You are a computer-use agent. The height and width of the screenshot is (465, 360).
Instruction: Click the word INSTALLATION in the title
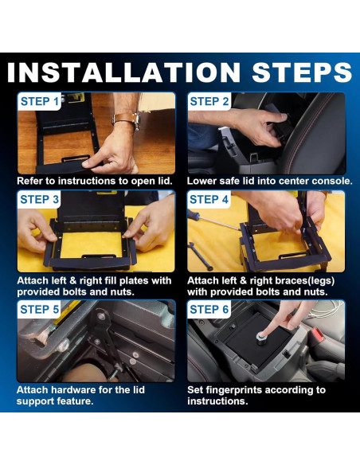123,72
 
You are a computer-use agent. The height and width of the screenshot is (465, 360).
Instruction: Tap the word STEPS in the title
302,72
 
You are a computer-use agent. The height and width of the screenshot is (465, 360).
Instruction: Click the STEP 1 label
40,101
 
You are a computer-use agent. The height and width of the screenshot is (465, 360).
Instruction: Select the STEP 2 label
209,101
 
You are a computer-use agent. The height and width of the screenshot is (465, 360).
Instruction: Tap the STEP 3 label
40,200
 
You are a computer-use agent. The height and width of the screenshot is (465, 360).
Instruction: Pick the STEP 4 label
209,200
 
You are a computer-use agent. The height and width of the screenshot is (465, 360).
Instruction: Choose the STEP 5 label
40,310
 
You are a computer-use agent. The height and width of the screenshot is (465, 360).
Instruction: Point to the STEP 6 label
209,310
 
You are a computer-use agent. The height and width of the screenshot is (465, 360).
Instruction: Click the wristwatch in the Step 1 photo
127,120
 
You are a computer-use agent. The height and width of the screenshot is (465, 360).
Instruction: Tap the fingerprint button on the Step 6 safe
262,338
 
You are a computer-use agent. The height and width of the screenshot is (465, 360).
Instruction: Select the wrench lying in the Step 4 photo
200,256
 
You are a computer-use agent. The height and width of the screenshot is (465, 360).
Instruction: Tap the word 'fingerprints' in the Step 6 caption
233,390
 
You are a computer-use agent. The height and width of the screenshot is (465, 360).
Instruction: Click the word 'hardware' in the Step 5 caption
73,390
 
